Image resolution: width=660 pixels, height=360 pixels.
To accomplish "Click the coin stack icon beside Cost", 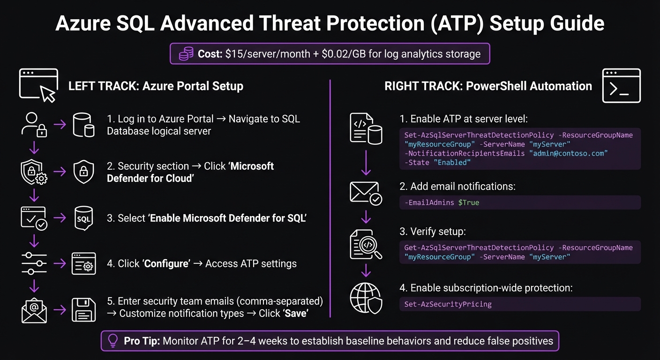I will coord(186,54).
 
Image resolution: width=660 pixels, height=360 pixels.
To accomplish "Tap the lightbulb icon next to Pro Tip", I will coord(113,341).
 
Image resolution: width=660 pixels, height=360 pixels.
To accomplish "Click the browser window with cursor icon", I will coord(38,85).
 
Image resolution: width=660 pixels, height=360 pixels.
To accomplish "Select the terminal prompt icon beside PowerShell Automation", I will coord(621,86).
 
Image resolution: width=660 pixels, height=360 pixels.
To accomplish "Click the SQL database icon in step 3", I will coord(84,219).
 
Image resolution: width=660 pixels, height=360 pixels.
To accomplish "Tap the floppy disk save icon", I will coord(84,310).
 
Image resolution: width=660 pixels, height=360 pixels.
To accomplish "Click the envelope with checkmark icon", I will coord(366,193).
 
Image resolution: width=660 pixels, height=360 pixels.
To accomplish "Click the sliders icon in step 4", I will coord(34,263).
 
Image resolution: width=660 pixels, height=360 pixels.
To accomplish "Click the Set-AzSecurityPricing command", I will coord(448,304).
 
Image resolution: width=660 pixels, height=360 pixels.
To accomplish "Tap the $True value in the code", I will coord(468,202).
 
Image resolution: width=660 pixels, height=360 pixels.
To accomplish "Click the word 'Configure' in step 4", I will coord(166,263).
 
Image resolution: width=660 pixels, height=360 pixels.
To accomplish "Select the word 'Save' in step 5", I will coord(295,313).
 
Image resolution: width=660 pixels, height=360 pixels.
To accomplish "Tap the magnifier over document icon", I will coord(366,244).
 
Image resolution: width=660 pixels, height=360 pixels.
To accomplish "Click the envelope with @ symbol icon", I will coord(34,310).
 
